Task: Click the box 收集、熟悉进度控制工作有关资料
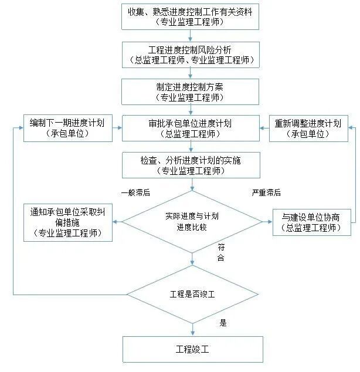coord(190,16)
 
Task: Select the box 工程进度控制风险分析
coord(190,53)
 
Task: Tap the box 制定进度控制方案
coord(190,91)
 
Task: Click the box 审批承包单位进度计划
coord(190,128)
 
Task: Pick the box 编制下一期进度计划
coord(67,128)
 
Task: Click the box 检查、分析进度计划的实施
coord(190,165)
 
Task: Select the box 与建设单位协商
coord(311,222)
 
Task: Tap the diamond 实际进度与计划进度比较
coord(192,222)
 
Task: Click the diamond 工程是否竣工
coord(192,293)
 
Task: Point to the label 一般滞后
coord(135,192)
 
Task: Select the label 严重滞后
coord(266,192)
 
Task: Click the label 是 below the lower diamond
coord(223,322)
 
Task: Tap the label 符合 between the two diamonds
coord(221,252)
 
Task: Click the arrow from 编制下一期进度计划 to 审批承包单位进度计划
coord(117,128)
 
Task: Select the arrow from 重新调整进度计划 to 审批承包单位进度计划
coord(264,128)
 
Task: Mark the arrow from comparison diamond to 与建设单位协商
coord(267,222)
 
